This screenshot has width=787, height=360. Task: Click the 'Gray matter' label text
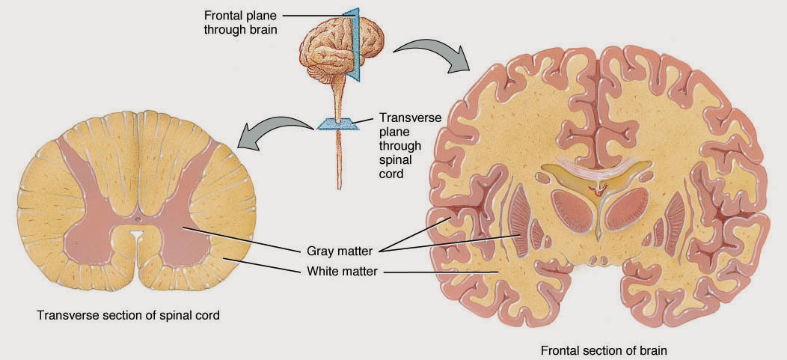point(341,251)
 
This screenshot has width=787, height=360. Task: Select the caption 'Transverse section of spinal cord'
point(128,315)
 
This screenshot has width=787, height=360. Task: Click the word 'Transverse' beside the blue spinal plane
point(410,118)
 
